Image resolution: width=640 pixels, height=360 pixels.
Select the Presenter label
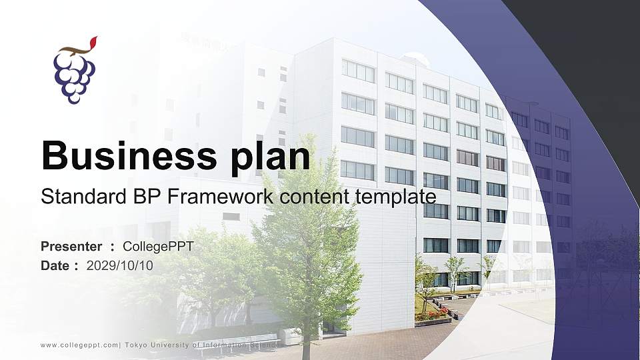[x=71, y=247]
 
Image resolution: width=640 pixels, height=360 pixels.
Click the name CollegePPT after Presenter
[x=158, y=247]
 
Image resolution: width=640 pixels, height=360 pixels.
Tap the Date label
[x=55, y=266]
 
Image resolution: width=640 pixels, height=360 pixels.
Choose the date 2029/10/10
[x=119, y=266]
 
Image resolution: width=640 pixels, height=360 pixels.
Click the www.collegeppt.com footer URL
[x=79, y=345]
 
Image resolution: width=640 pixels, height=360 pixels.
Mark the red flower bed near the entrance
[x=437, y=313]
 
